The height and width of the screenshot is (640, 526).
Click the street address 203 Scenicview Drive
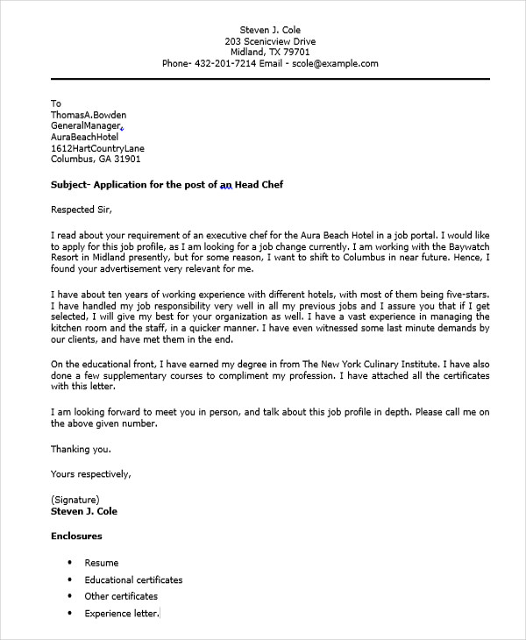pos(270,40)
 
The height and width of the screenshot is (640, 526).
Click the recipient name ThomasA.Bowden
pos(89,115)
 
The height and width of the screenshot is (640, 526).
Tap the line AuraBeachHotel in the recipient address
pos(84,138)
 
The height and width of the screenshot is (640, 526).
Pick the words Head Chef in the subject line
pos(259,185)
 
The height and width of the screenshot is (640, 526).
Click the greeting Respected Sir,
pos(82,210)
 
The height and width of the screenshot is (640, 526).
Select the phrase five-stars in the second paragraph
pos(464,295)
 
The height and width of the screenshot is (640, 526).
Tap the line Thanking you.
pos(81,450)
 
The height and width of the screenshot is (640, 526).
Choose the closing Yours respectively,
pos(91,474)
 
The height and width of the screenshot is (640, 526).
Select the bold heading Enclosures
pos(76,536)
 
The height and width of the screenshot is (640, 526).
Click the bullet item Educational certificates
pos(133,580)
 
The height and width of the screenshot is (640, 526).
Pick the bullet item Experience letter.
pos(121,613)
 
